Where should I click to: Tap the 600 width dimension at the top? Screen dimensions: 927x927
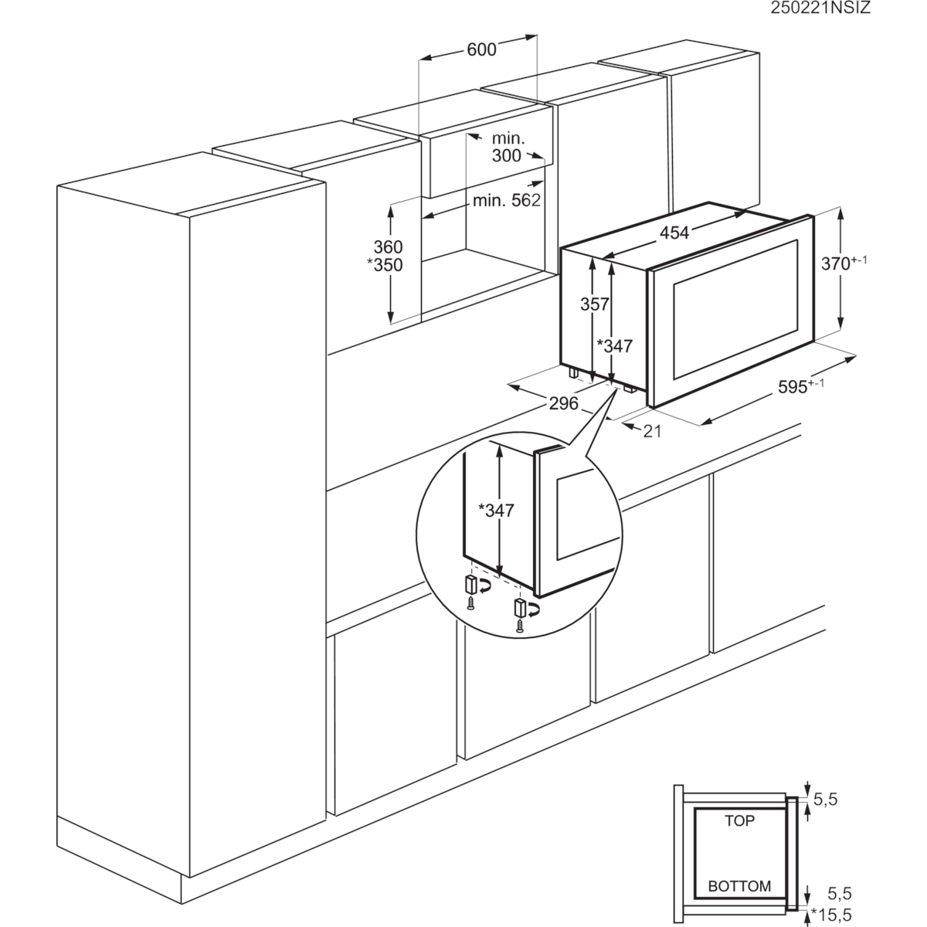[481, 49]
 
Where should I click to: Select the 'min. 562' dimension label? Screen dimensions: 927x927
[507, 200]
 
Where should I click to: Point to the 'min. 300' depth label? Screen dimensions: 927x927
[508, 147]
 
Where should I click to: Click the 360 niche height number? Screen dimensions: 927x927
[388, 246]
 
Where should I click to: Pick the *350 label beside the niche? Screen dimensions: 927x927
[385, 265]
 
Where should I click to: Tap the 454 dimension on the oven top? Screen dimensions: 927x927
[674, 233]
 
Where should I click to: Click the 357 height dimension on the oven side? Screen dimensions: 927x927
[595, 304]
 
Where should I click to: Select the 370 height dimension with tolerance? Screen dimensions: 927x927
[844, 263]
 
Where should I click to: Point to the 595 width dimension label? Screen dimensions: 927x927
[801, 385]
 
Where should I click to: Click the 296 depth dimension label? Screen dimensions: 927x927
[563, 403]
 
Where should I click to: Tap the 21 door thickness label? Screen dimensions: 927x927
[652, 432]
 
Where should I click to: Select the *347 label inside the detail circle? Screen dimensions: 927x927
[497, 511]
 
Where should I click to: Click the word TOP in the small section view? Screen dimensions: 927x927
[740, 820]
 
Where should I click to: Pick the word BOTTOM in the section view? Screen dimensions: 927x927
[740, 886]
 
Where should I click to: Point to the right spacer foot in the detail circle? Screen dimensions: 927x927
[521, 608]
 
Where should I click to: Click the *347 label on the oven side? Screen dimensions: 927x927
[614, 346]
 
